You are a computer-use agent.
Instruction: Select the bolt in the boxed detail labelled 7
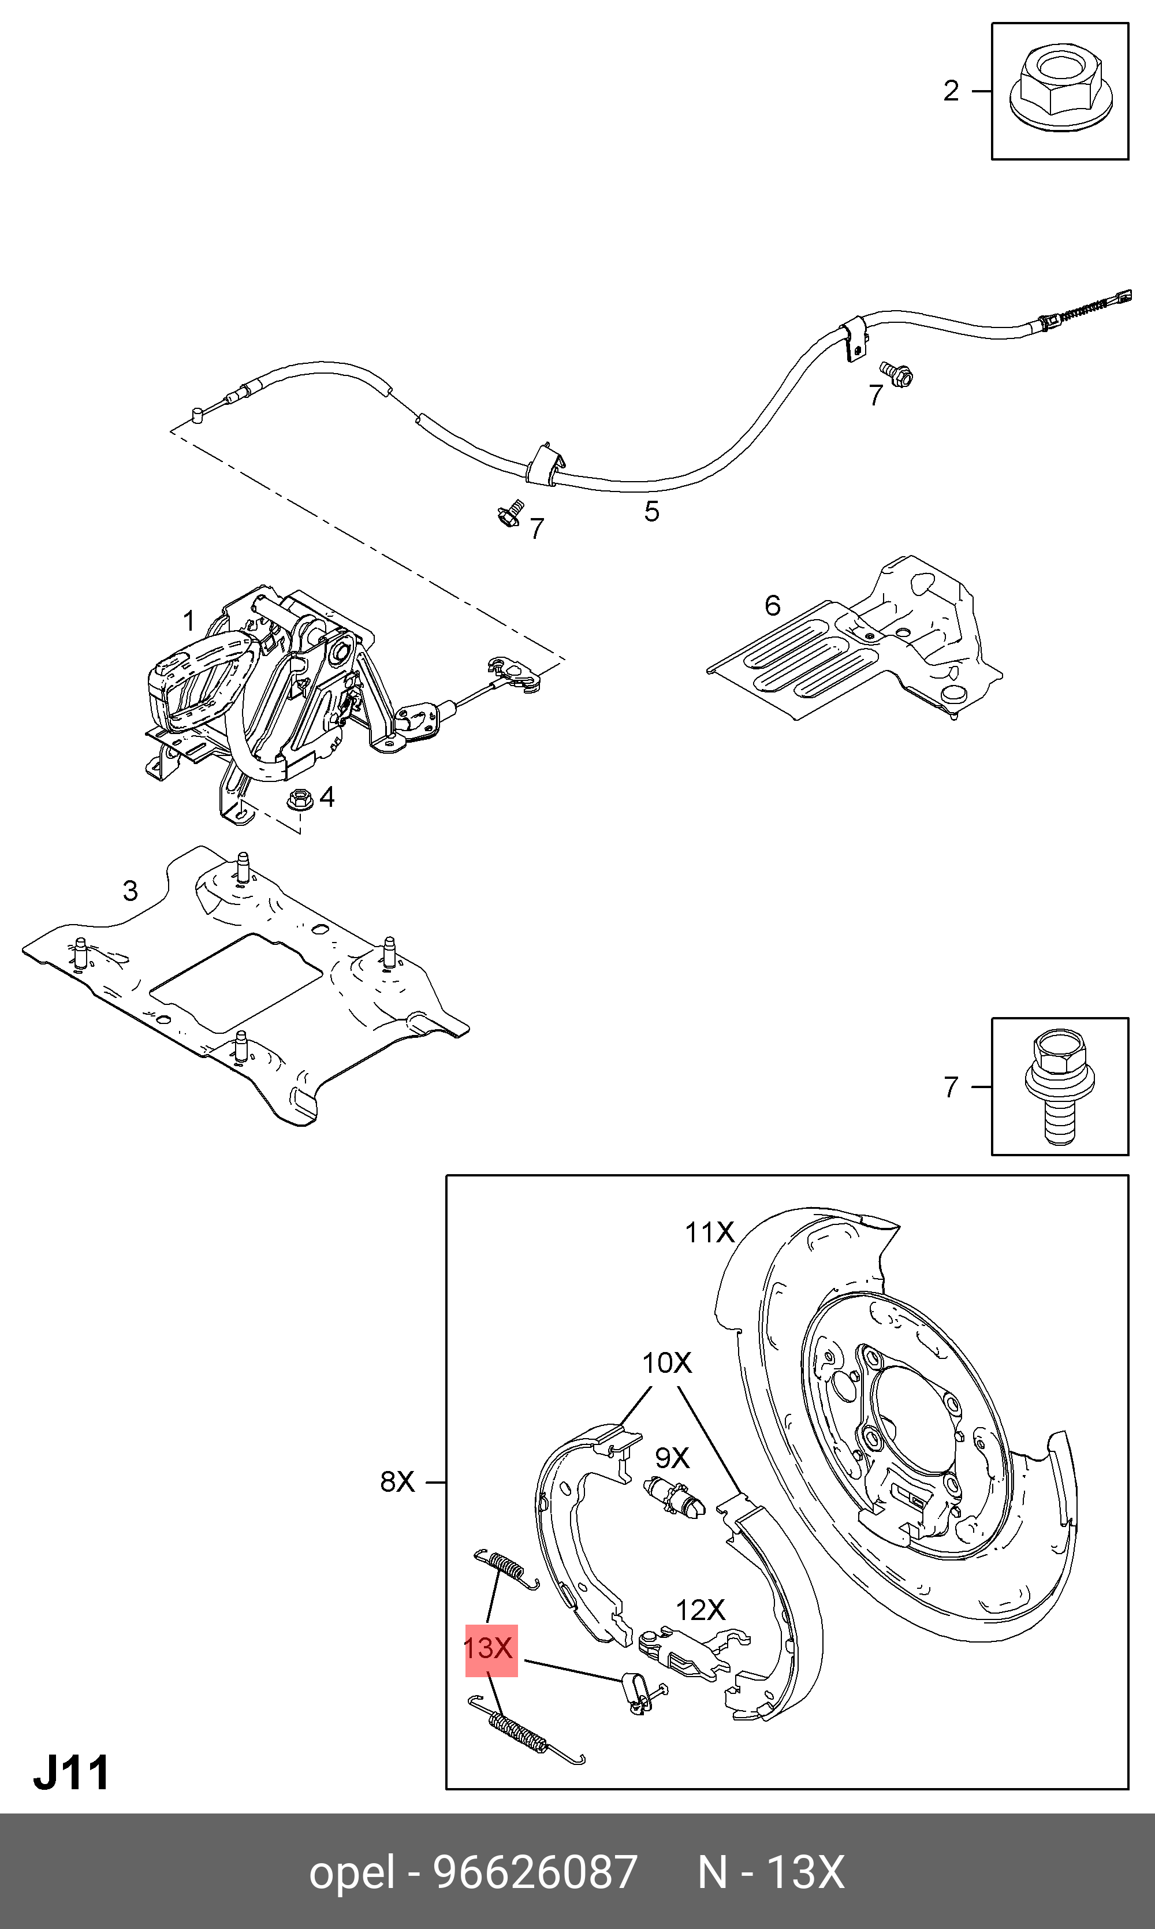pos(1059,1087)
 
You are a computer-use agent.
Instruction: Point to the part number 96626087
pos(535,1873)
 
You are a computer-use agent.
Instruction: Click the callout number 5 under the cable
pos(651,511)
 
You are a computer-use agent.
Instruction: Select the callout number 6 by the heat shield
pos(772,605)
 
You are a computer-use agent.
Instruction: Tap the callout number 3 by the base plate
pos(131,890)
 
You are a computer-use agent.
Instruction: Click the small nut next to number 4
pos(300,799)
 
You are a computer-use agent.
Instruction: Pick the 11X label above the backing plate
pos(709,1232)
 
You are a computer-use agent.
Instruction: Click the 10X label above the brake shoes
pos(666,1362)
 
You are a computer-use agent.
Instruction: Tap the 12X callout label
pos(701,1609)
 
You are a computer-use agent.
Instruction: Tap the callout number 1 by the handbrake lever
pos(188,620)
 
